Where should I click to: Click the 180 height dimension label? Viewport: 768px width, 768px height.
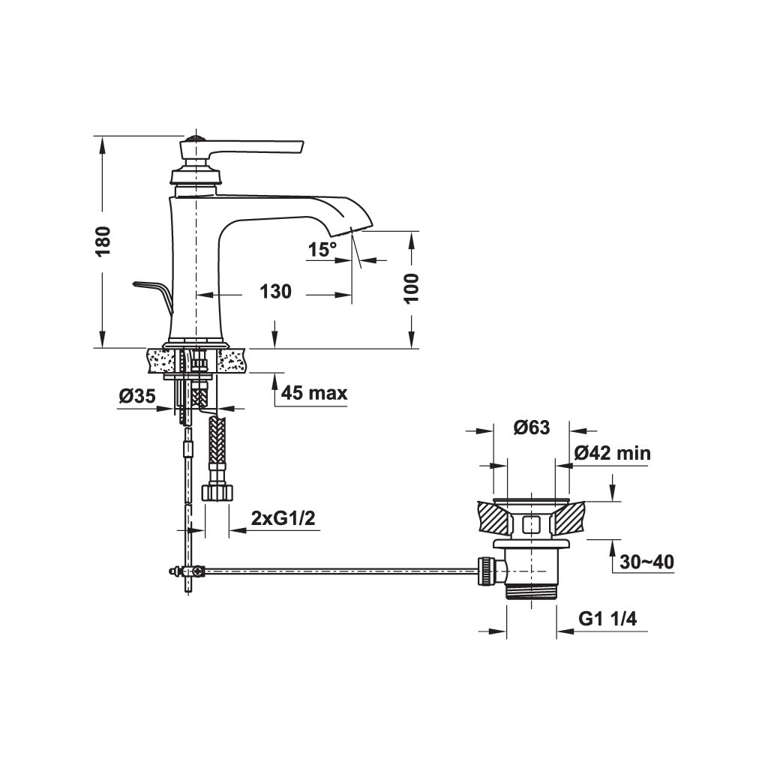click(103, 241)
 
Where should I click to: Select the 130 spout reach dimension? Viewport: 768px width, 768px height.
click(275, 292)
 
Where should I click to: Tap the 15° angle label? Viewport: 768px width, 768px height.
click(322, 249)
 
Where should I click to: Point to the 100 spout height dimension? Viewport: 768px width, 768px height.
click(412, 289)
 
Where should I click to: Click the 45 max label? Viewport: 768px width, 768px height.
click(314, 393)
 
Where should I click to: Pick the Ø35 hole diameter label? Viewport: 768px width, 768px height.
click(137, 396)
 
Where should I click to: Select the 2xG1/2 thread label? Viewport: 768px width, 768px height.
click(283, 518)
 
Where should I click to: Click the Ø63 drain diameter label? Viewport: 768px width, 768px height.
click(532, 427)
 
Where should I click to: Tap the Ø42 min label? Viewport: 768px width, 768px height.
click(612, 453)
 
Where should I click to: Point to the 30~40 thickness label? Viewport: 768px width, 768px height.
click(646, 562)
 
